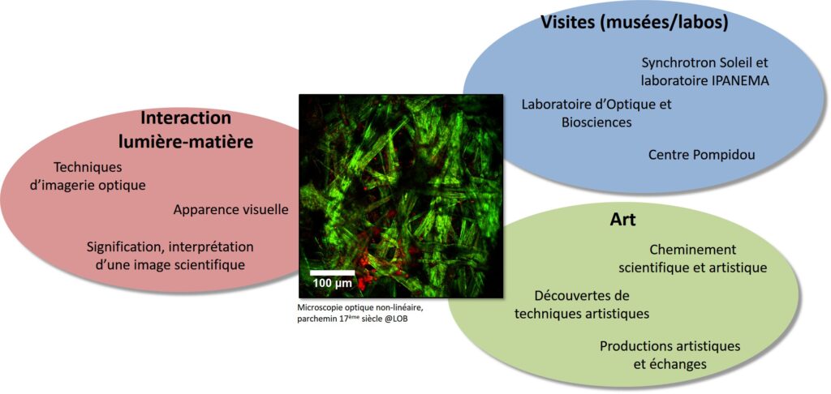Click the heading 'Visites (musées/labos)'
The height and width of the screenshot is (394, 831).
click(x=634, y=23)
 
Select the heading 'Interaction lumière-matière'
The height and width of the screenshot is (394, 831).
click(x=186, y=130)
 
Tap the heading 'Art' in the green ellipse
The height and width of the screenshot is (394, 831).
click(x=622, y=220)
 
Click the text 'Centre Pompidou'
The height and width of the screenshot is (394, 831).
click(x=702, y=155)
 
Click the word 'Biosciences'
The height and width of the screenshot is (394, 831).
click(x=596, y=123)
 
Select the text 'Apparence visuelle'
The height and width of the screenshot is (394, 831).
click(x=231, y=210)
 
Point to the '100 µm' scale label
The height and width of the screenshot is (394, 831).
click(x=332, y=283)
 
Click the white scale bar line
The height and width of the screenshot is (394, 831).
click(x=332, y=272)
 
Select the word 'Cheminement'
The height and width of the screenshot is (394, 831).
click(x=693, y=250)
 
